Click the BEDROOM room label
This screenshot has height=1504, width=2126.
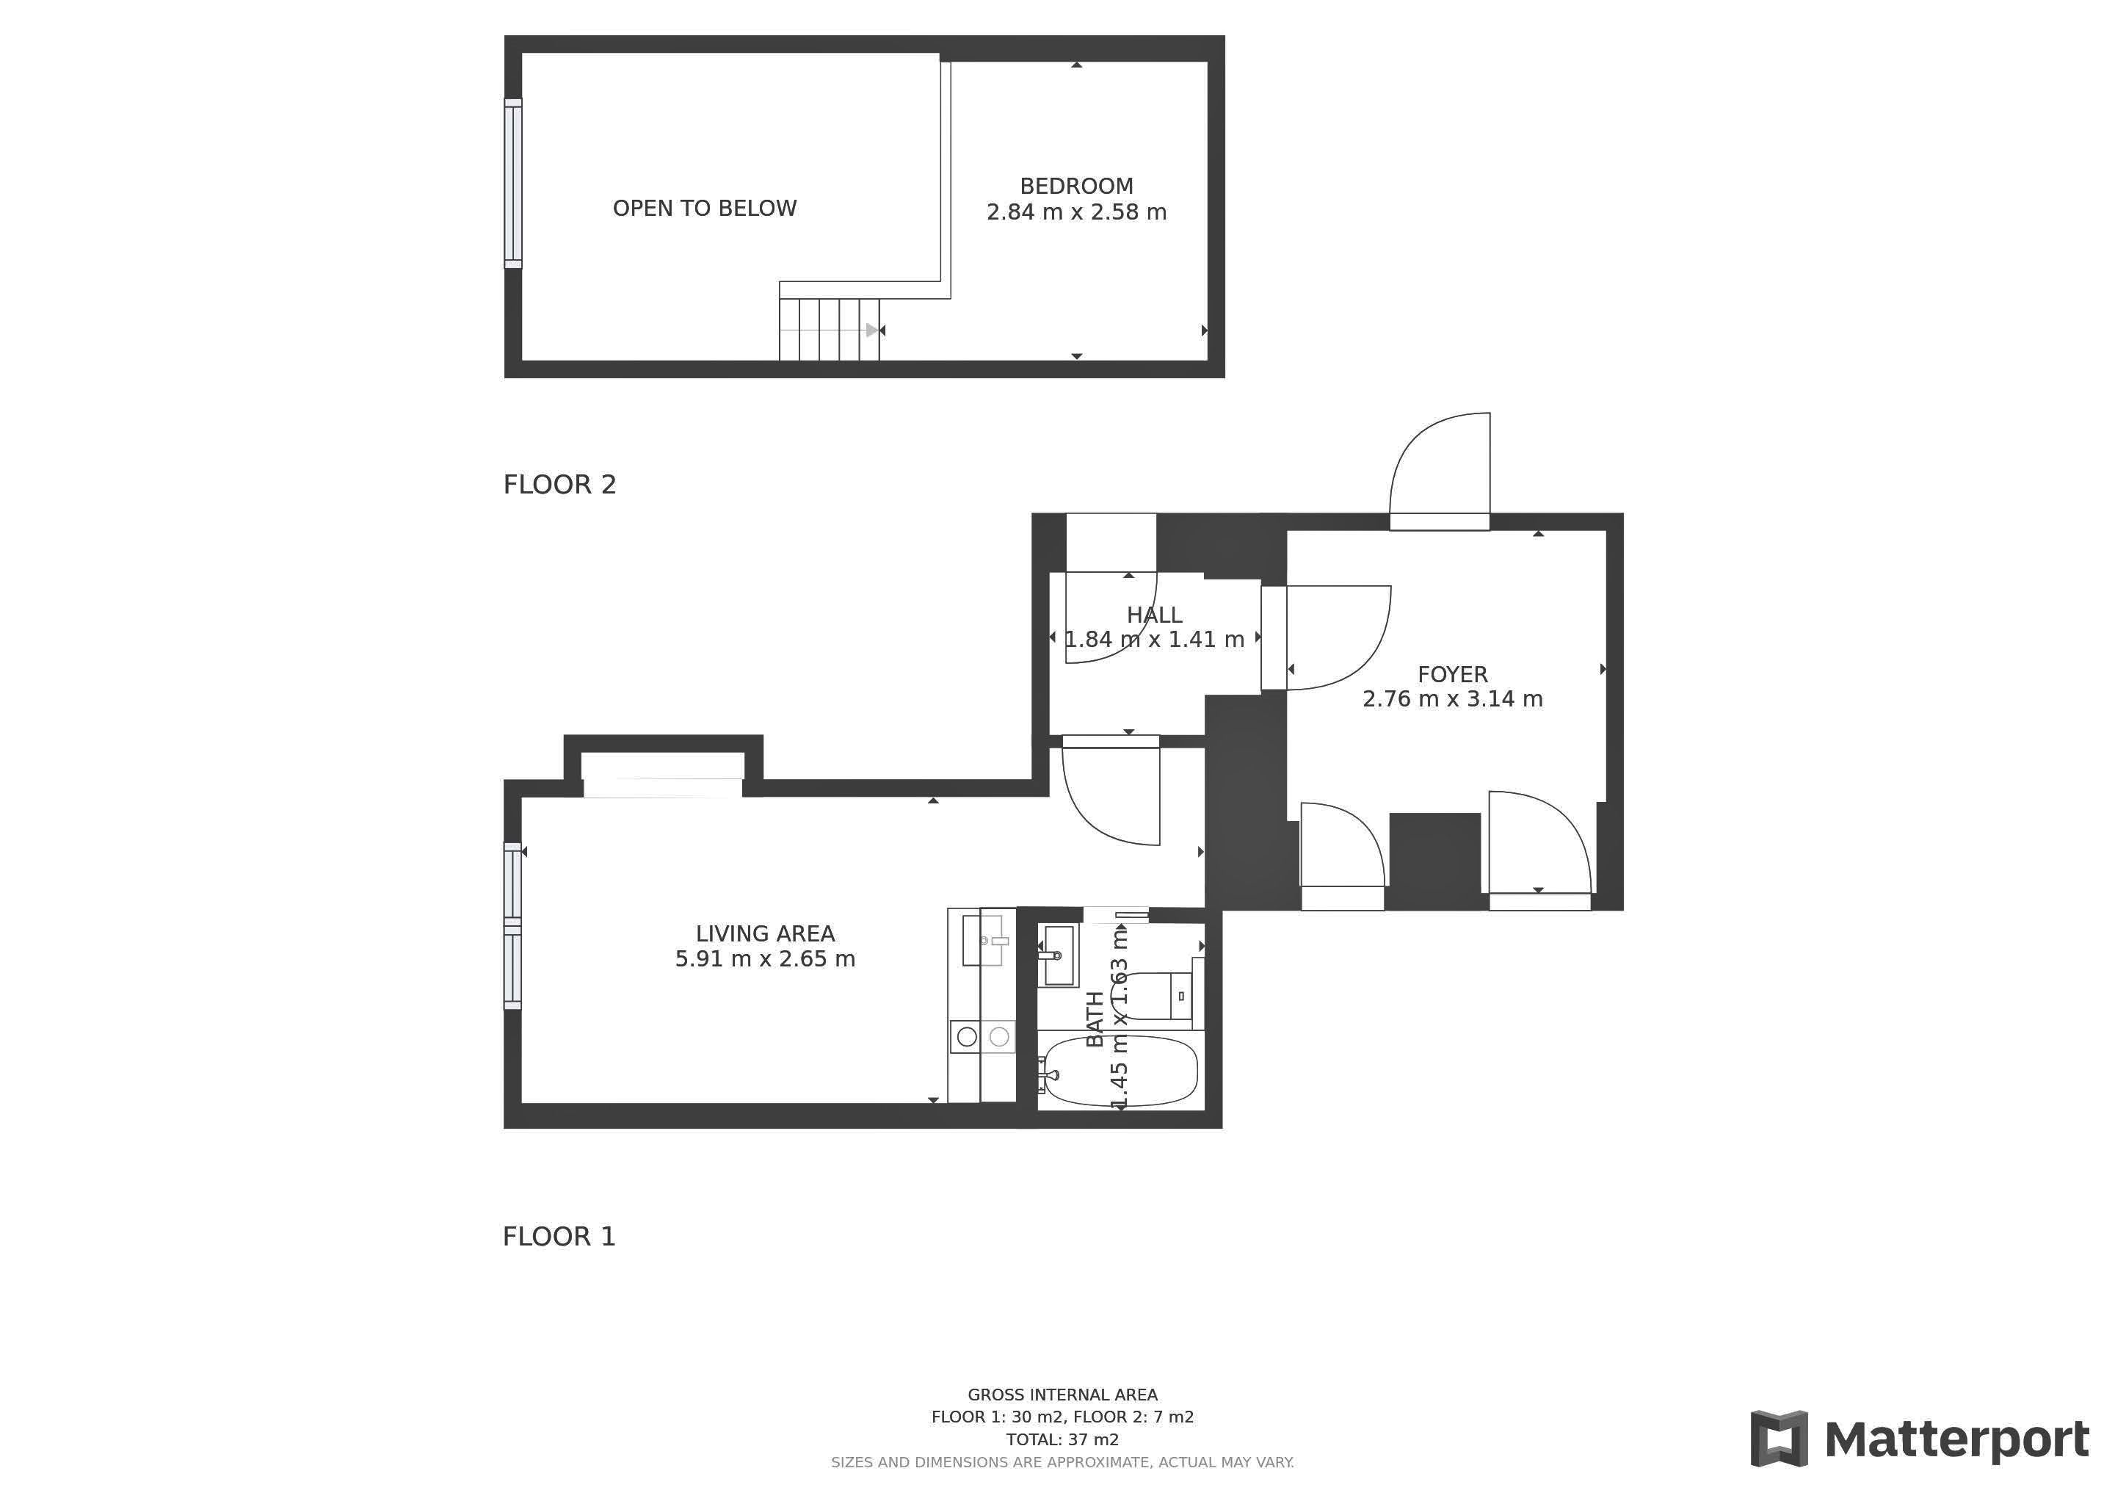(x=1076, y=186)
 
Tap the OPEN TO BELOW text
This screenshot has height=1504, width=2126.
(x=705, y=209)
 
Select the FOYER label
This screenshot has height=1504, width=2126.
(x=1452, y=674)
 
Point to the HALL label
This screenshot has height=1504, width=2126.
(x=1154, y=615)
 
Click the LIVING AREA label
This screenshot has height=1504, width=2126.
(x=765, y=933)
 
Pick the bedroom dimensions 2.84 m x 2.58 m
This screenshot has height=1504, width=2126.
(x=1076, y=212)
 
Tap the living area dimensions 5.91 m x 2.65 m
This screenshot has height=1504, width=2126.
(x=765, y=958)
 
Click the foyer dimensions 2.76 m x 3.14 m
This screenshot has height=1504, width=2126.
(x=1452, y=699)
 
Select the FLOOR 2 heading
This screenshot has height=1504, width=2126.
(x=559, y=485)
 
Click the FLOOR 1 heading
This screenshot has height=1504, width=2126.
(x=559, y=1237)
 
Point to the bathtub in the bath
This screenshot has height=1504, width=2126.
(x=1120, y=1071)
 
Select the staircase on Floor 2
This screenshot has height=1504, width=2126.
(x=829, y=330)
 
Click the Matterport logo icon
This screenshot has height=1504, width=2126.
(x=1779, y=1438)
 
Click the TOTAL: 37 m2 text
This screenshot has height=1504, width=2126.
(x=1062, y=1439)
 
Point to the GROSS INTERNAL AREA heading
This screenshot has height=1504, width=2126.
(x=1062, y=1395)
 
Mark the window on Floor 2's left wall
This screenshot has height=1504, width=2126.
(x=513, y=184)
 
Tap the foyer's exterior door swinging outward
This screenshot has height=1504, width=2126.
(x=1439, y=471)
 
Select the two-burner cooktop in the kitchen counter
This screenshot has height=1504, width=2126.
(x=982, y=1037)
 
